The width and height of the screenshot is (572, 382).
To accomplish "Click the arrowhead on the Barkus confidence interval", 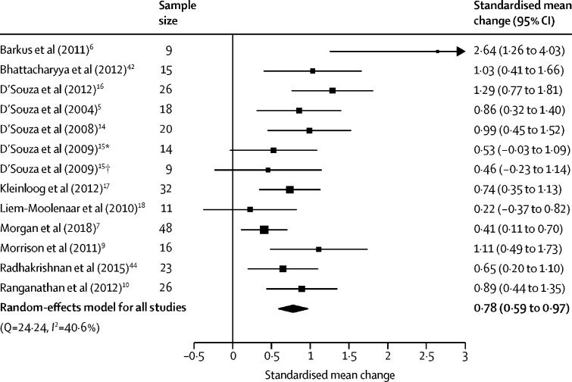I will coord(459,52).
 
